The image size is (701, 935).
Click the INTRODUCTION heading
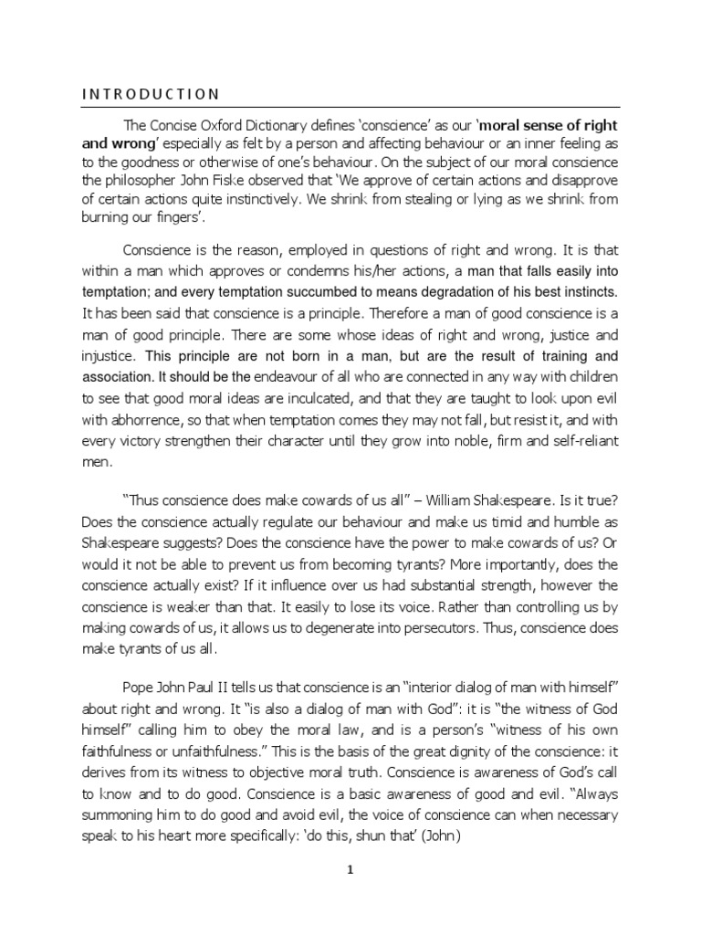click(150, 93)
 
